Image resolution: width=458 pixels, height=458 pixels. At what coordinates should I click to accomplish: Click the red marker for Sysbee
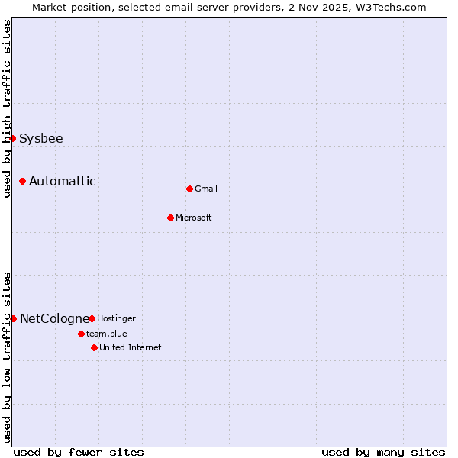pos(13,138)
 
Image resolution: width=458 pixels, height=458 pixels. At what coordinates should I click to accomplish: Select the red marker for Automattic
pos(23,181)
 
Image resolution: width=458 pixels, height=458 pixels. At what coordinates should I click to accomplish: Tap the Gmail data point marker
pos(189,189)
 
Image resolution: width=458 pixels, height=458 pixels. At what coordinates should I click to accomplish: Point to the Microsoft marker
pos(170,218)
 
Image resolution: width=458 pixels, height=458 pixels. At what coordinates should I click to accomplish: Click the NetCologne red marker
pos(13,318)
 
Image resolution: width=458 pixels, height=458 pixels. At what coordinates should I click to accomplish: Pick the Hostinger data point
pos(92,318)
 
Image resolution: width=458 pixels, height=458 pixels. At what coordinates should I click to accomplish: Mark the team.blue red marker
pos(81,334)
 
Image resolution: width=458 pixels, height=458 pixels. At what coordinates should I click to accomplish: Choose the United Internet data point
pos(94,347)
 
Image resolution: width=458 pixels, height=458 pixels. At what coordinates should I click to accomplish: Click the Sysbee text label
pos(41,139)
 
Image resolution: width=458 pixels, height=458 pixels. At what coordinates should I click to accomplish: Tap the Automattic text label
pos(63,182)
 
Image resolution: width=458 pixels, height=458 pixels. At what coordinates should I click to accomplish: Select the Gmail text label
pos(206,189)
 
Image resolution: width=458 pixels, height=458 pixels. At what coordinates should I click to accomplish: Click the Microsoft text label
pos(194,218)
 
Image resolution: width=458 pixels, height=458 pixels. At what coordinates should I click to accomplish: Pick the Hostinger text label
pos(116,318)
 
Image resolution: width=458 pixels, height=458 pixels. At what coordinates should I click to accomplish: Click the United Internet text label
pos(131,348)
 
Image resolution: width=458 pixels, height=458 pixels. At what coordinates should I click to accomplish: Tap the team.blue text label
pos(107,334)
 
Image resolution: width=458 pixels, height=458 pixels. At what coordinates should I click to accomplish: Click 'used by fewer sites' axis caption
pos(79,452)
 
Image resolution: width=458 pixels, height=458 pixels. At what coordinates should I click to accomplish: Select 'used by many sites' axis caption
pos(383,452)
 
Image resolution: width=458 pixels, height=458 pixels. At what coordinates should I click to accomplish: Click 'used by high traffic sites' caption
pos(7,108)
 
